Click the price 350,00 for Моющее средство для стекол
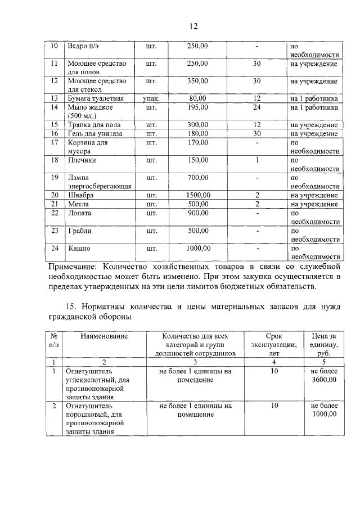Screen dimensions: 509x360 point(197,81)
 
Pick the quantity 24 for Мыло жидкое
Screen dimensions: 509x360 point(256,107)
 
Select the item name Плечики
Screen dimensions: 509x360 point(82,160)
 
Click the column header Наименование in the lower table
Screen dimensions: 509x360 point(104,336)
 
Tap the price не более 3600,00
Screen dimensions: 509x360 point(324,376)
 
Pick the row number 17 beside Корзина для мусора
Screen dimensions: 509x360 point(55,142)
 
